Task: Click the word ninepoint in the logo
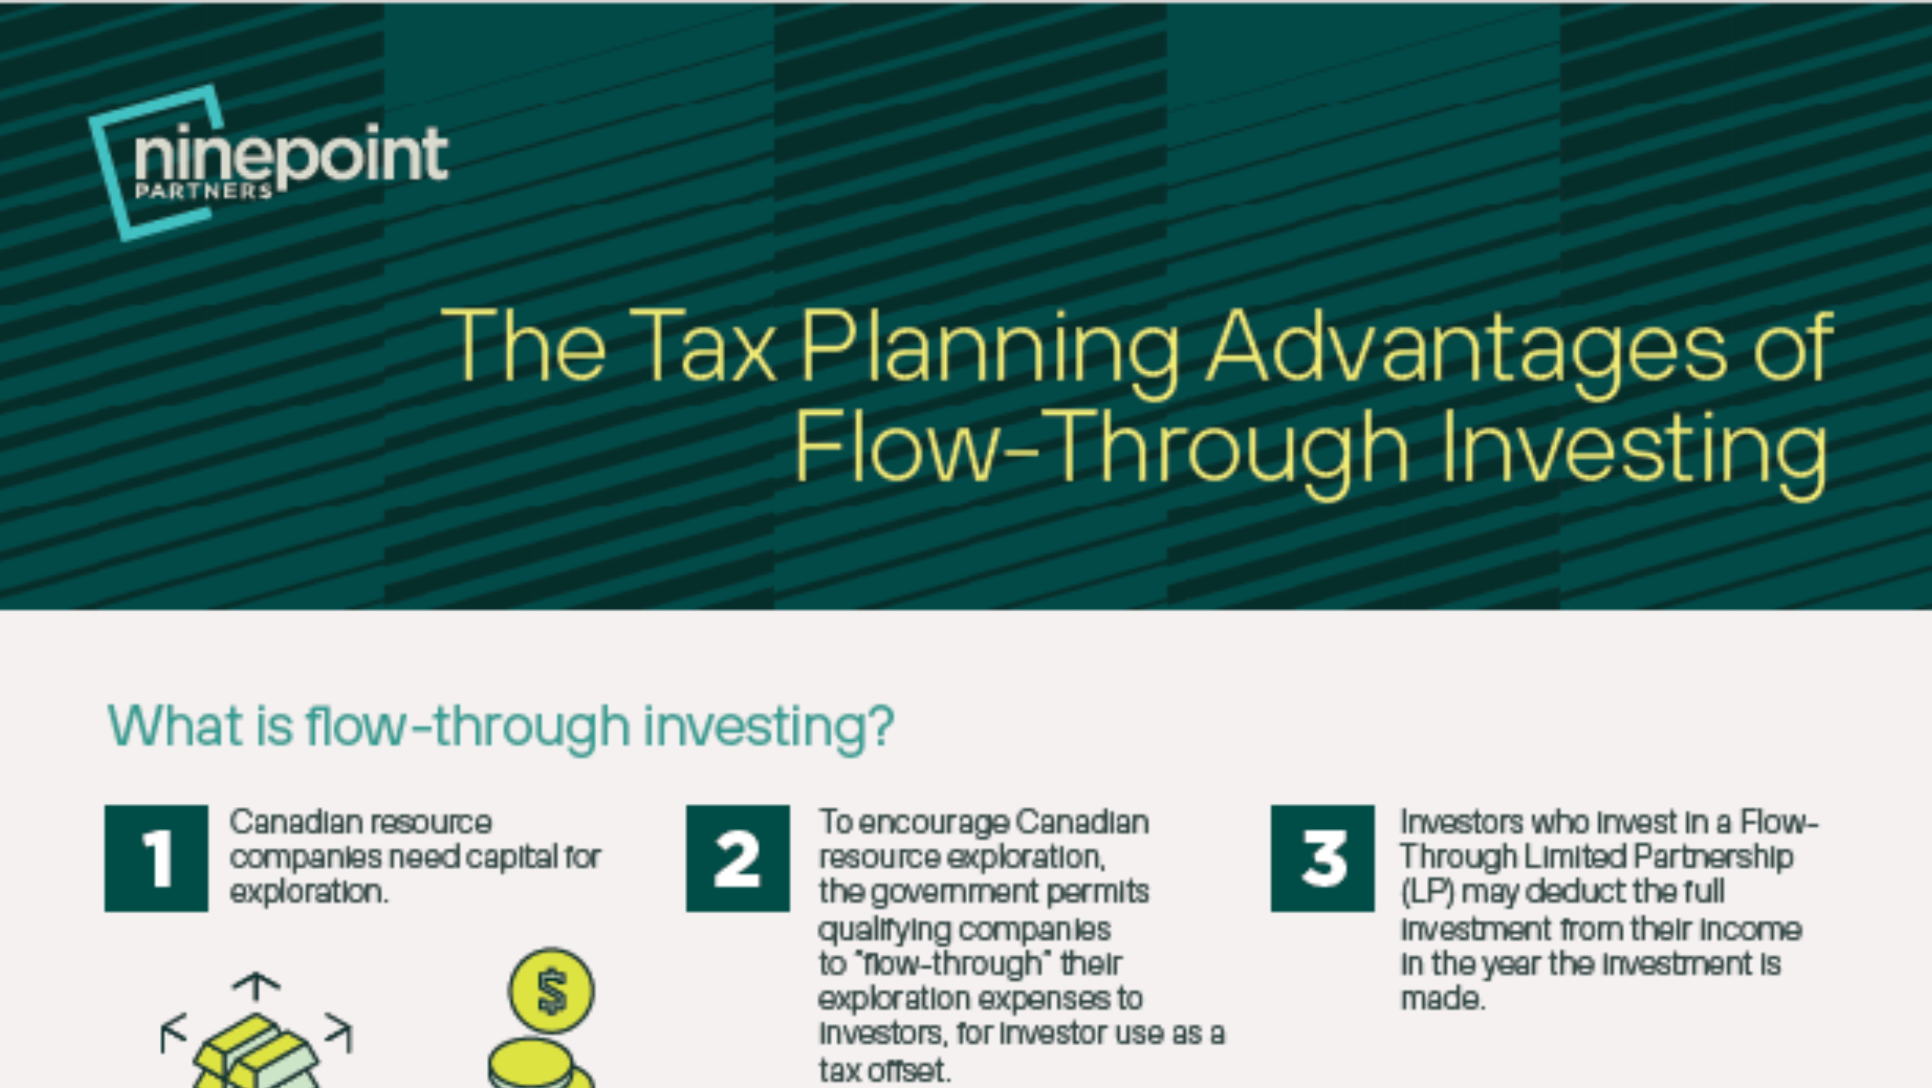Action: click(291, 155)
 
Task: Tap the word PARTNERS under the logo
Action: click(203, 190)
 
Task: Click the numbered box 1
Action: click(157, 858)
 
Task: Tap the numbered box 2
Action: click(738, 858)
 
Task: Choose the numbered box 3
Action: click(1323, 858)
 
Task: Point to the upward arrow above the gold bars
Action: click(256, 987)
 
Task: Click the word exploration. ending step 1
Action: click(309, 891)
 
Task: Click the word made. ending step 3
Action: click(1443, 998)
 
